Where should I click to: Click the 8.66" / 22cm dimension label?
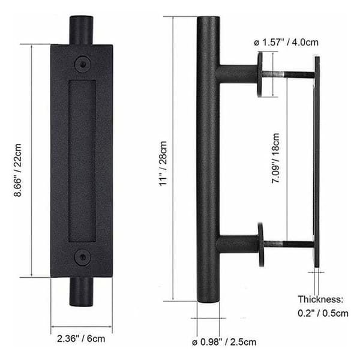(x=17, y=170)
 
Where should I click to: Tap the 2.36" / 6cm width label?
(x=81, y=338)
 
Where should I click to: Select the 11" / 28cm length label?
(x=163, y=163)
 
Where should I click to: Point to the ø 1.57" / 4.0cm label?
(x=286, y=43)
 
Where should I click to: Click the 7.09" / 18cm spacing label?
(x=275, y=158)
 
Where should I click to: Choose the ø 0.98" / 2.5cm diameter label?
(x=224, y=342)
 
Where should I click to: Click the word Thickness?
(x=320, y=299)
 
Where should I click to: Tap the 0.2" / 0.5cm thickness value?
(x=323, y=313)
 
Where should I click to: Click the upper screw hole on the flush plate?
(x=83, y=64)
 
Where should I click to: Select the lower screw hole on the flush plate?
(x=83, y=257)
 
